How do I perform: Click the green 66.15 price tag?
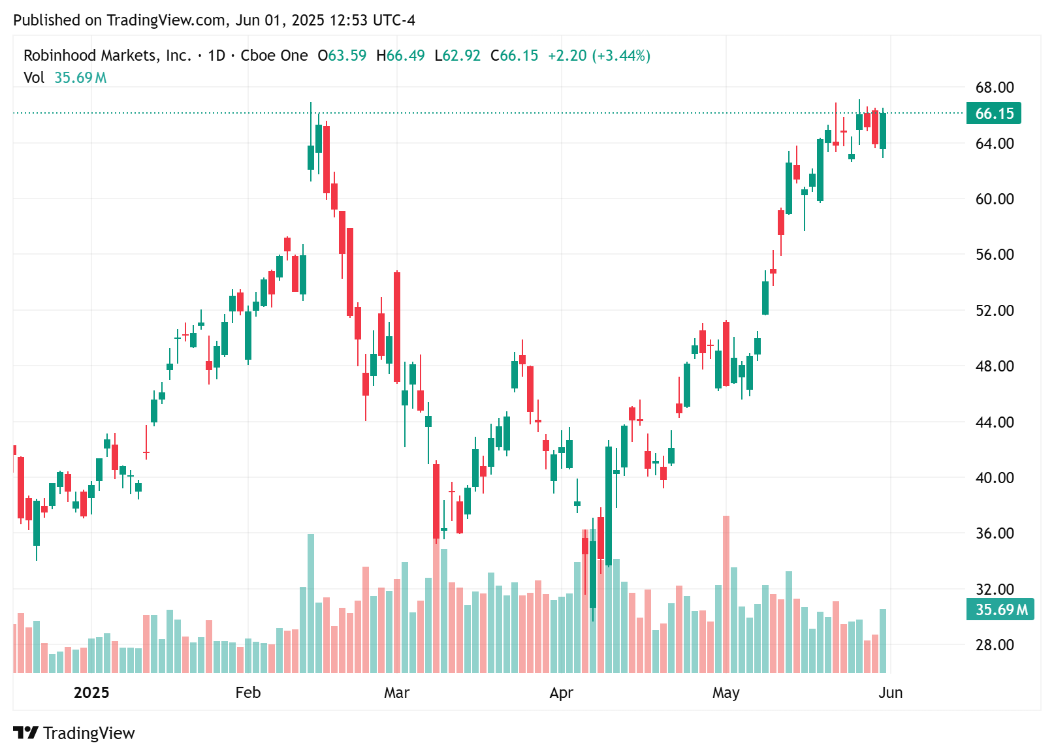point(993,114)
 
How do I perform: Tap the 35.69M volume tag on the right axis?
point(1000,610)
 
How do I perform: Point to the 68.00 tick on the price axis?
point(994,87)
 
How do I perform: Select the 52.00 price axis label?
point(994,311)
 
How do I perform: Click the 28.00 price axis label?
point(994,645)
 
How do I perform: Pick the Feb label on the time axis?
point(248,693)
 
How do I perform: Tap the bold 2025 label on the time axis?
point(91,693)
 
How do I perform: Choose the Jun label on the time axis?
point(890,693)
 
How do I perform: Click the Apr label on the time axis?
point(562,693)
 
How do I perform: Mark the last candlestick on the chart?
point(883,131)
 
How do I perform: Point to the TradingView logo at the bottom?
point(74,733)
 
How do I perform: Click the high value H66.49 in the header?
point(400,55)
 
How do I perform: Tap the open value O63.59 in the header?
point(342,55)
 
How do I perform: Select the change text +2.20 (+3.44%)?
point(599,55)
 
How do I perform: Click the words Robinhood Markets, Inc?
point(107,55)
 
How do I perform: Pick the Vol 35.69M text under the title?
point(65,78)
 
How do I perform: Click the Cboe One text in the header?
point(274,55)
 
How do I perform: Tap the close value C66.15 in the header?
point(515,55)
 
